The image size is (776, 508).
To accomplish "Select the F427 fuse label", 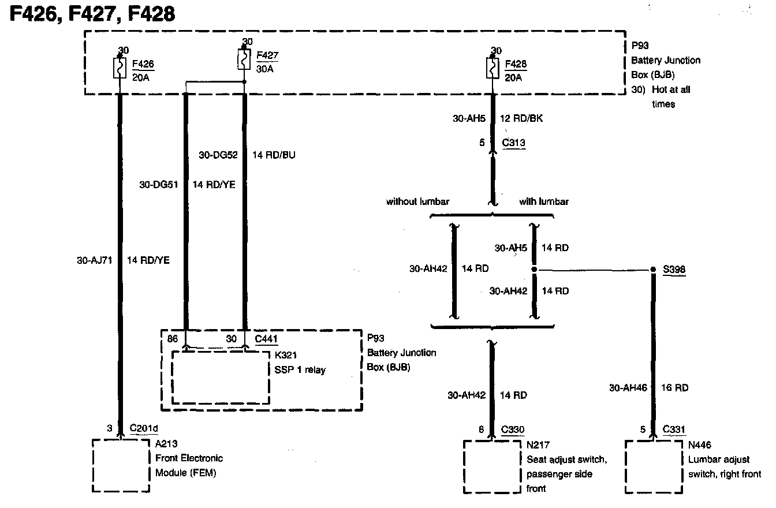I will (x=267, y=55).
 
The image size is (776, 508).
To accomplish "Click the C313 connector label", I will (x=513, y=143).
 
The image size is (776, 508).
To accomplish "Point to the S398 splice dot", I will (x=653, y=270).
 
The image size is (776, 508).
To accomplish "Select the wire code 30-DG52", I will (x=218, y=155).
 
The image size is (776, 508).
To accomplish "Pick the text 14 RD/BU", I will (x=274, y=155).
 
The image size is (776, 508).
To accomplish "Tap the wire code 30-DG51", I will (x=159, y=185).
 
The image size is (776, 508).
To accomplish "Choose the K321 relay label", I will (x=286, y=356).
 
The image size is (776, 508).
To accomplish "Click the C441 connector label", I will (x=267, y=339).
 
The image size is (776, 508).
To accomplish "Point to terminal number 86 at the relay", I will (x=172, y=339).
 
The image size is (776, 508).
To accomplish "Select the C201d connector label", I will (x=144, y=428).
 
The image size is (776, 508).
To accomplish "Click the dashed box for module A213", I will (x=121, y=465).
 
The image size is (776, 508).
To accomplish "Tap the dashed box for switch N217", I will (x=492, y=467).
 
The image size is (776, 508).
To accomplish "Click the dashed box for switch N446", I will (x=654, y=467).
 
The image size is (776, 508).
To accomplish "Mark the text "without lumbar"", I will (x=418, y=201).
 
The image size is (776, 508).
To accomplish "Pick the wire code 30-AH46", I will (x=628, y=389).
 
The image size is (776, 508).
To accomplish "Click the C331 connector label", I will (x=674, y=429).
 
